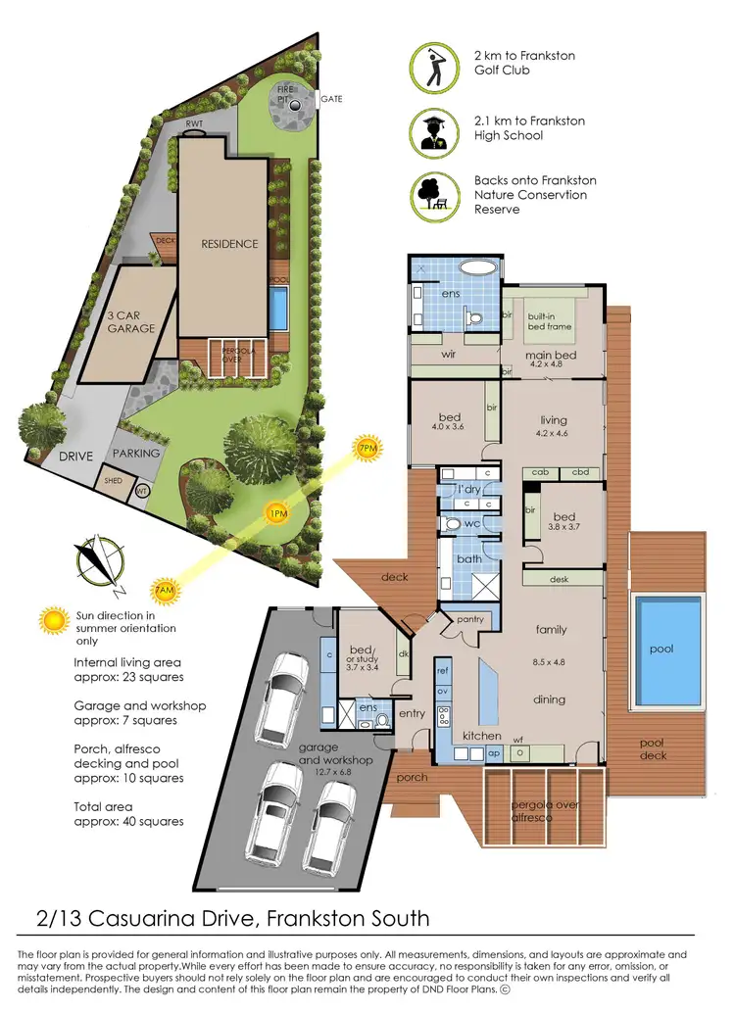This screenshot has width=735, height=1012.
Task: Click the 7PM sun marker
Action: (367, 449)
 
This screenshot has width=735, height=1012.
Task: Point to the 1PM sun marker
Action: (276, 512)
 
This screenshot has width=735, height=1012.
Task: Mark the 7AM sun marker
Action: (165, 591)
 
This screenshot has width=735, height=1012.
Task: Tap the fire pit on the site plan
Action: (294, 106)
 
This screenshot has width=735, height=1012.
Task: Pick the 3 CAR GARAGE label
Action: (131, 322)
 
